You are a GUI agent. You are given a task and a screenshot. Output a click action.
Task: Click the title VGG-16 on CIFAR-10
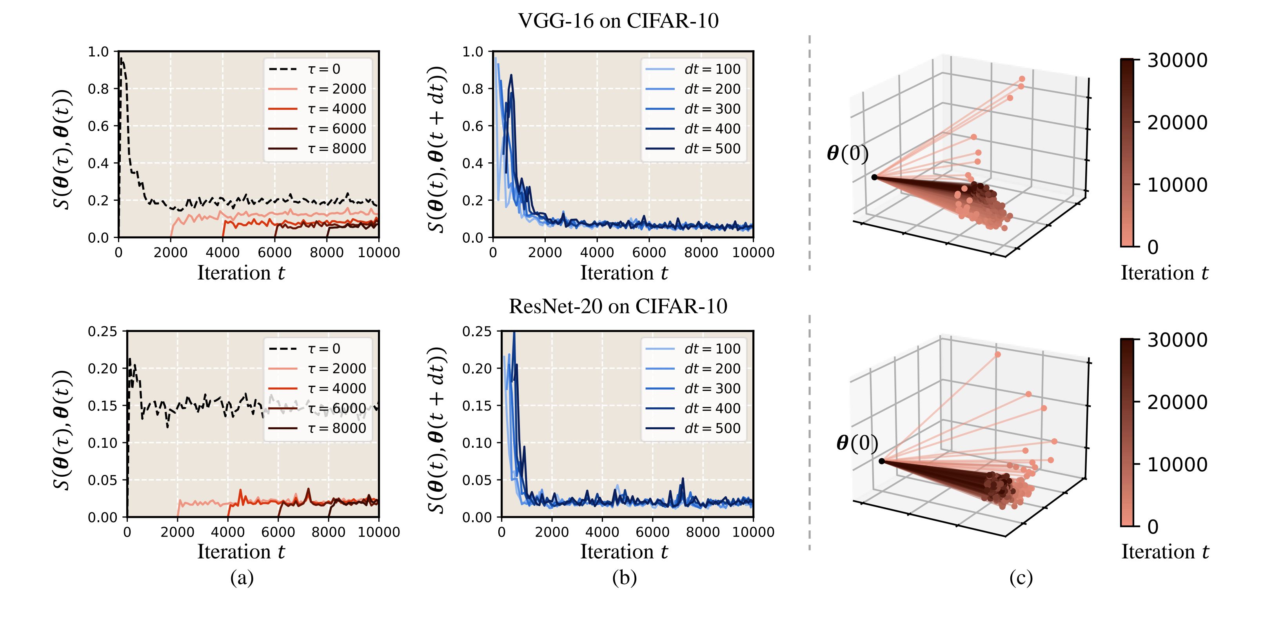(618, 21)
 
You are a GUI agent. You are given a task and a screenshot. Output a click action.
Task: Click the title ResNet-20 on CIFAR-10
(618, 306)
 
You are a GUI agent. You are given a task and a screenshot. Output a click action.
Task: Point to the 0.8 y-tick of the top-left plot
(98, 89)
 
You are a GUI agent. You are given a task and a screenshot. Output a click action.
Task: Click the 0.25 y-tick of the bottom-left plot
(103, 332)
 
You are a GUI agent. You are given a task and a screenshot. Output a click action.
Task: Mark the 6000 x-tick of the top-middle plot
(649, 252)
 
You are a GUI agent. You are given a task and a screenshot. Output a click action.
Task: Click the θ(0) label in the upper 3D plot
(847, 154)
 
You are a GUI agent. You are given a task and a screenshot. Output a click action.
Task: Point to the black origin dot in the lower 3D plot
(882, 461)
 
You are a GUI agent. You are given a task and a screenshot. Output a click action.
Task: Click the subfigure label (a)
(242, 578)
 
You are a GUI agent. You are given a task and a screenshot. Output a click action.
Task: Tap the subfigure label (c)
(1021, 578)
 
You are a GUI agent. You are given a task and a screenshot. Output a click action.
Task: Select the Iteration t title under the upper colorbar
(1164, 273)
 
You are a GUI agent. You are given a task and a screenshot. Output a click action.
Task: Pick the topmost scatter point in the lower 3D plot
(997, 354)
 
